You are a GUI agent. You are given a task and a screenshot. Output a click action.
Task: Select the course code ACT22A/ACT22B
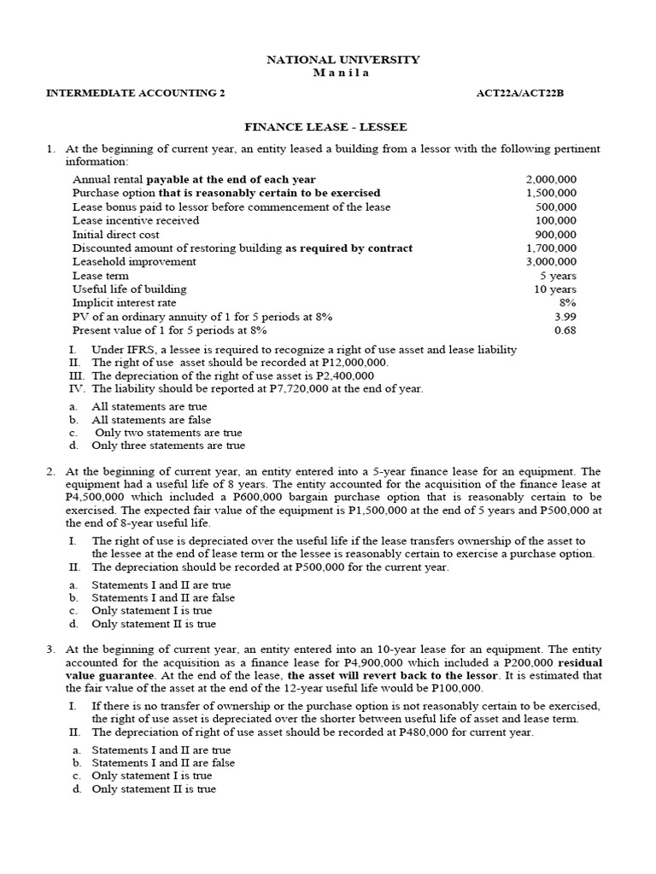click(520, 94)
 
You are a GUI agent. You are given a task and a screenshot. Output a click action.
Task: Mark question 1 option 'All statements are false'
click(150, 420)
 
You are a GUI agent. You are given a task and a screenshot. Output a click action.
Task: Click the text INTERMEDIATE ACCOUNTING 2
click(135, 94)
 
